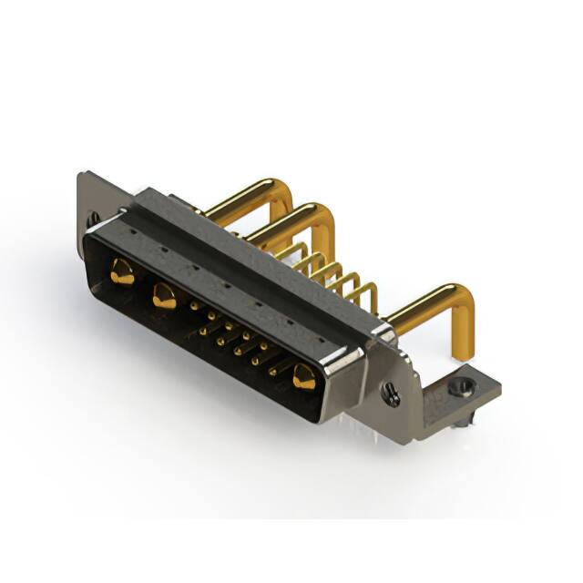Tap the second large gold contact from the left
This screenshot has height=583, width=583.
point(164,294)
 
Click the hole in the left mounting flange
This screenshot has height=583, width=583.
point(93,219)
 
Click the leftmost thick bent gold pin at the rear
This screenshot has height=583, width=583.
point(239,195)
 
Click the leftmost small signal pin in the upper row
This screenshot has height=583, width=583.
point(194,307)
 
